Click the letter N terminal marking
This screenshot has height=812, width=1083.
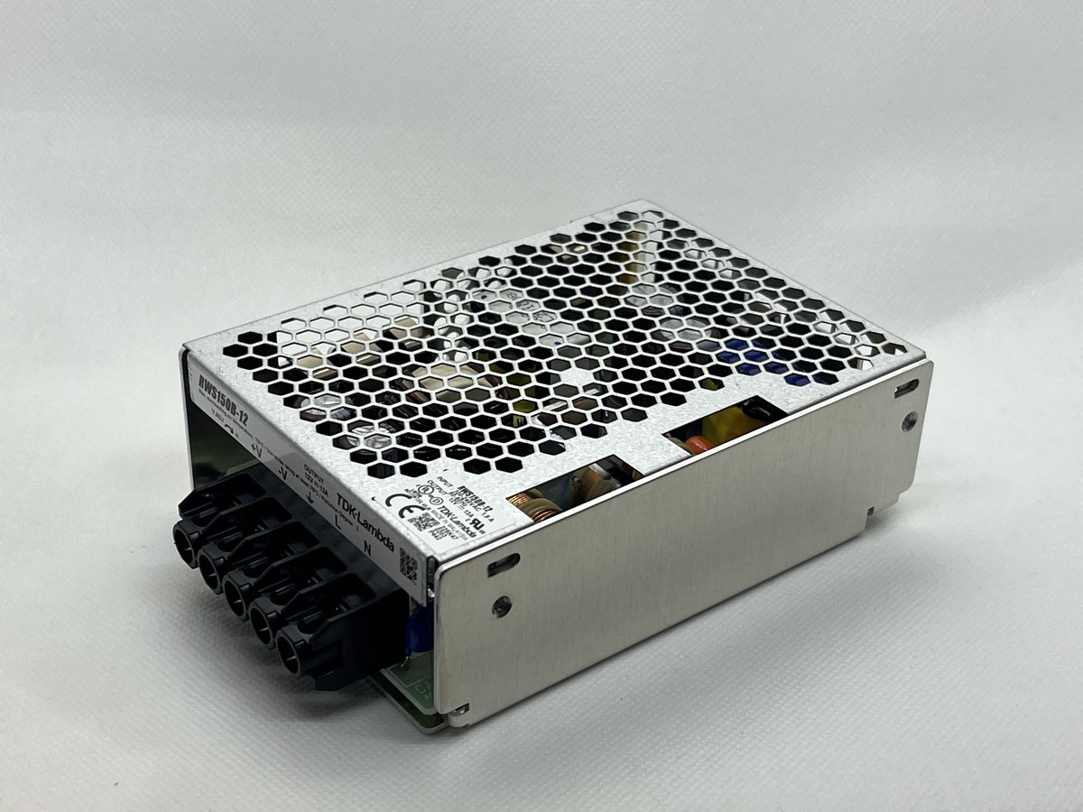pyautogui.click(x=366, y=545)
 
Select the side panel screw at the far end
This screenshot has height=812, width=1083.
pyautogui.click(x=910, y=420)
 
